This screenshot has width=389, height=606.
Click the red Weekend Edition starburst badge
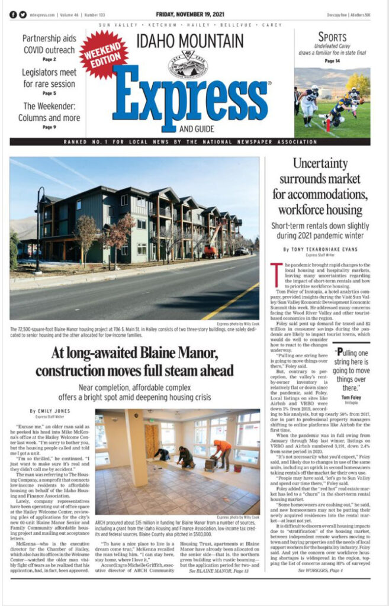[x=104, y=55]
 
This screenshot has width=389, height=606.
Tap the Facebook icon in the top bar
[x=13, y=14]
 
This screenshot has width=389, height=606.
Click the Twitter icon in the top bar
[x=22, y=14]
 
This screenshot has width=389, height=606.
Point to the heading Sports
[x=332, y=37]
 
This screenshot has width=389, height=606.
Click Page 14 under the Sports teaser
[x=332, y=60]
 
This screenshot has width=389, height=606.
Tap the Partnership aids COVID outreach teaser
[x=49, y=44]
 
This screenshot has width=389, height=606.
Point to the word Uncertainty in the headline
[x=320, y=164]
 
